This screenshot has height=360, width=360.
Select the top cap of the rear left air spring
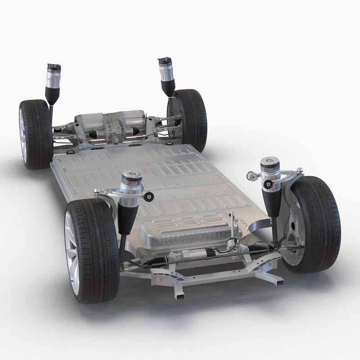(x=54, y=67)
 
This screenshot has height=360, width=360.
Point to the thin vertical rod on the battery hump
(x=232, y=225)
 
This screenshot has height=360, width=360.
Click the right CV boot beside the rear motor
(x=135, y=130)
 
